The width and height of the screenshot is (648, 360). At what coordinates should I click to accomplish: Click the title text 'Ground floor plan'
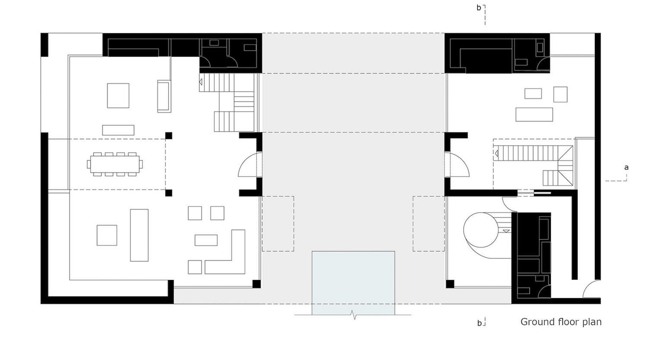coord(560,322)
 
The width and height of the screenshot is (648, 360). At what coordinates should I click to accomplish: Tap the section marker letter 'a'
coord(626,168)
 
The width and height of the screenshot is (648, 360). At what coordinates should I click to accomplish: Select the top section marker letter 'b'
coord(479,8)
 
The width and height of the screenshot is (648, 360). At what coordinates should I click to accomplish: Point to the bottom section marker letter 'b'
coord(479,323)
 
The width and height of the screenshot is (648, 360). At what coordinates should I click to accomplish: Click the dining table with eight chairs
coord(115,164)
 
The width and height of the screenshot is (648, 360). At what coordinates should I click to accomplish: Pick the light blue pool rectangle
coord(353,283)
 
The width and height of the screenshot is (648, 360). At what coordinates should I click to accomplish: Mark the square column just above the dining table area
coord(168,136)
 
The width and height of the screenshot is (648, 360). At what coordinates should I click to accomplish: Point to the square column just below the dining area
coord(168,193)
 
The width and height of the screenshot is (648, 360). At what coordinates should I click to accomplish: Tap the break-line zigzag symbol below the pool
coord(354,315)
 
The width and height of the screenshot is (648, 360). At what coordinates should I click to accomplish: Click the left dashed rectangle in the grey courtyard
coord(278,223)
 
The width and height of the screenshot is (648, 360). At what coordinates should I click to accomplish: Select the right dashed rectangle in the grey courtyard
coord(428,223)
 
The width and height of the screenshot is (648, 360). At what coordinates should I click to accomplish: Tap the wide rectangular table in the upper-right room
coord(534,115)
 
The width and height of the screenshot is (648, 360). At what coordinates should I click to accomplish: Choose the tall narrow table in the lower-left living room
coord(139,235)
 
